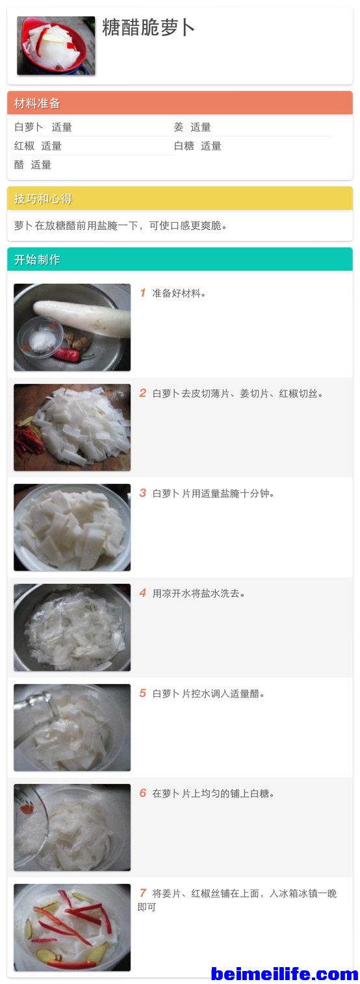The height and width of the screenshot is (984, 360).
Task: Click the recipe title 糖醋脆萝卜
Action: click(148, 27)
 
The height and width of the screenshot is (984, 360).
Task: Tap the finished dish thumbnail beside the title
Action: click(56, 45)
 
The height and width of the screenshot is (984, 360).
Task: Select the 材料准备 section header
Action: click(37, 103)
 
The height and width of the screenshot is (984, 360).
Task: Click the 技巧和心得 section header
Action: click(43, 199)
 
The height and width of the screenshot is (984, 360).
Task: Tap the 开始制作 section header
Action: click(37, 260)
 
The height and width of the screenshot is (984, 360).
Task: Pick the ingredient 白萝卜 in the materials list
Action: click(29, 127)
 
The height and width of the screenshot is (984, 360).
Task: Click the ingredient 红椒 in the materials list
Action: click(24, 146)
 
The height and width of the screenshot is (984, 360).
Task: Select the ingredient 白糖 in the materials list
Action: click(184, 146)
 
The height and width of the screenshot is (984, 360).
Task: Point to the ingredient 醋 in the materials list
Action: click(19, 165)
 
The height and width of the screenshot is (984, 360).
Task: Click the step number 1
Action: click(143, 293)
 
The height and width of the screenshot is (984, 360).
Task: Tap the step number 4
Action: click(143, 593)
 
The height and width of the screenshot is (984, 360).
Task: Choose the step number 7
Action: click(143, 893)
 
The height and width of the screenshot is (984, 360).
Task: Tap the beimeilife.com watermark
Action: click(285, 974)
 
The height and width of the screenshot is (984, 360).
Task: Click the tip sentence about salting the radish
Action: click(120, 226)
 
